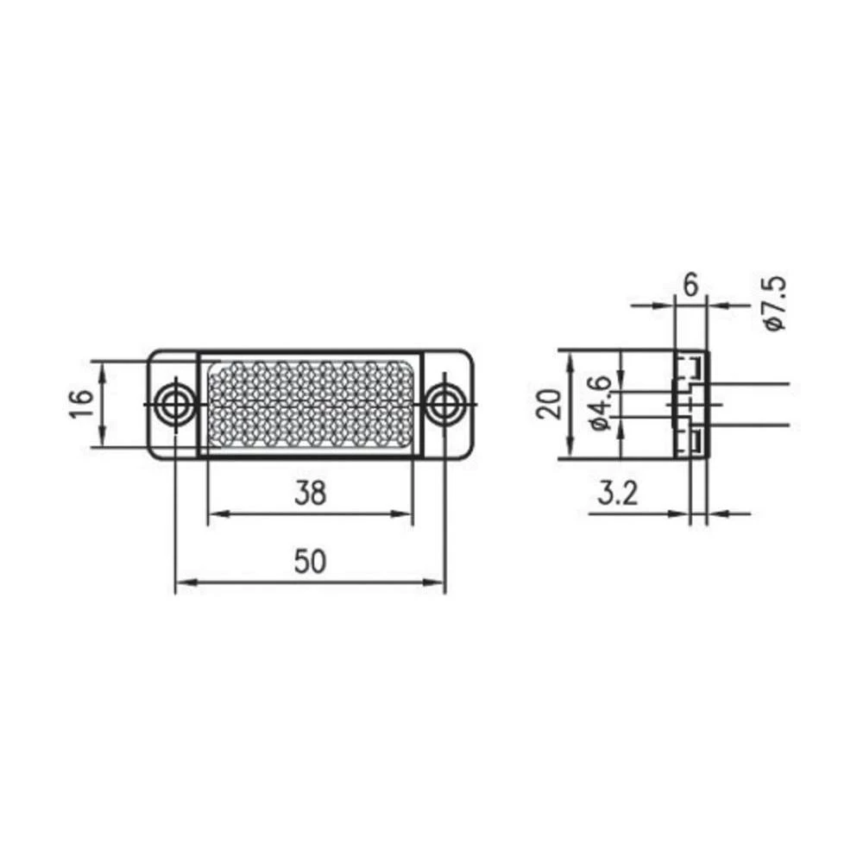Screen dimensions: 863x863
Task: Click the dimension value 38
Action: [x=310, y=493]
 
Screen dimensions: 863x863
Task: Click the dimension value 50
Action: [x=310, y=562]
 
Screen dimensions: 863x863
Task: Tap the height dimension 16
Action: [x=79, y=404]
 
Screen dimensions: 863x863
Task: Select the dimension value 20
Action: [x=549, y=404]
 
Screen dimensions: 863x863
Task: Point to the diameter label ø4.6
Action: [x=601, y=403]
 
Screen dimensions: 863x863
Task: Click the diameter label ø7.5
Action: [x=775, y=303]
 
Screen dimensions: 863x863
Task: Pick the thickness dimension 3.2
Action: [x=617, y=494]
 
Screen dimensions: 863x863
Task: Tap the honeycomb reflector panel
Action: [x=311, y=403]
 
